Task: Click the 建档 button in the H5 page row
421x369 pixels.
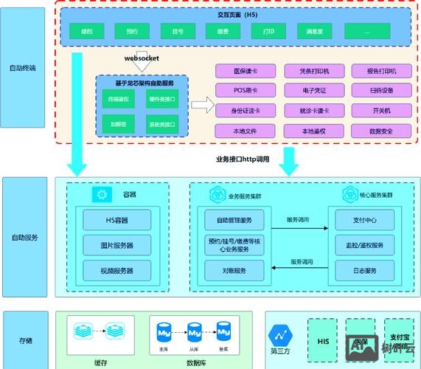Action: coord(86,32)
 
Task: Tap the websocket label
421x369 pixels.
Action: coord(141,58)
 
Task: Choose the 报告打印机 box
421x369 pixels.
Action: coord(381,71)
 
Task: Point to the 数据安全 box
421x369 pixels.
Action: coord(381,131)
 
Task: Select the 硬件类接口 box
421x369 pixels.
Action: coord(161,99)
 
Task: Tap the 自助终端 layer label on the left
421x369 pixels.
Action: coord(23,68)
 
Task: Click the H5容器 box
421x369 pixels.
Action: coord(116,220)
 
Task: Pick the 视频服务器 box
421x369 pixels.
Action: coord(116,271)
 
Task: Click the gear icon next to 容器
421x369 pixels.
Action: coord(100,195)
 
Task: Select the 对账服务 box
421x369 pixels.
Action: coord(234,270)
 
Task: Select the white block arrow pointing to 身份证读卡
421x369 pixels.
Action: coord(200,103)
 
